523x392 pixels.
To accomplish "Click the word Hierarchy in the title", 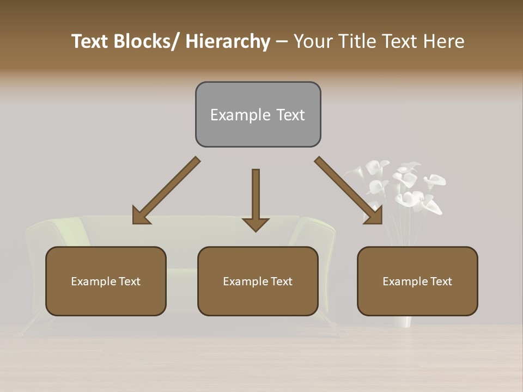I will [228, 41].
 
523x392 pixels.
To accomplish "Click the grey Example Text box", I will [258, 114].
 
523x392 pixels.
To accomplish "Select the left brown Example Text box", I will [106, 281].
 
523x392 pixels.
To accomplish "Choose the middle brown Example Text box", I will [258, 281].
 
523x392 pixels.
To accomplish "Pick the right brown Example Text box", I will [417, 281].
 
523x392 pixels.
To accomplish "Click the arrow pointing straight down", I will [256, 196].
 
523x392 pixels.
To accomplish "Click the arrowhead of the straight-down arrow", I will [256, 224].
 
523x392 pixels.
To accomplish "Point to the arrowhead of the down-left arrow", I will [141, 216].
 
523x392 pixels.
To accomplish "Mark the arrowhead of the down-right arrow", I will [375, 216].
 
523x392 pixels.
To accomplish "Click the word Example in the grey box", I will [233, 115].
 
